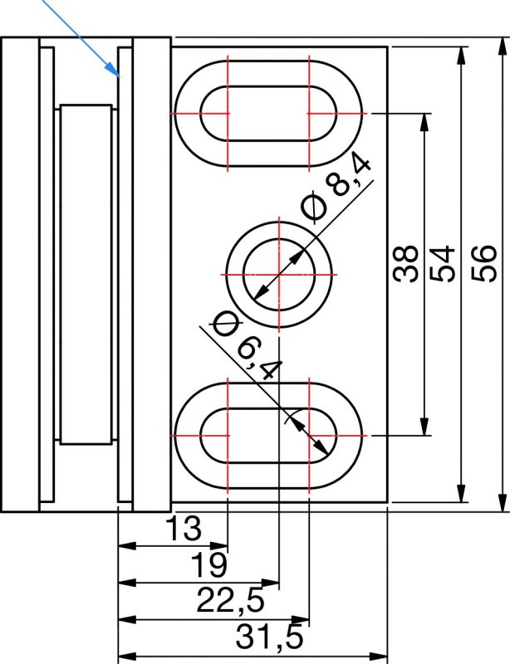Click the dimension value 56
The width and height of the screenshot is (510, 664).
[483, 263]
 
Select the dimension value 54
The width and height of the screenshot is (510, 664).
[442, 263]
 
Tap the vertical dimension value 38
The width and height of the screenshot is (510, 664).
[405, 263]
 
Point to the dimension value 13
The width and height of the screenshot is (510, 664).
[183, 528]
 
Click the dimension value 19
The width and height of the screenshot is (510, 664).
[208, 564]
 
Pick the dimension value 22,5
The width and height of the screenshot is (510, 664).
[231, 600]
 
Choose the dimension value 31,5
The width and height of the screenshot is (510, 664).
[270, 637]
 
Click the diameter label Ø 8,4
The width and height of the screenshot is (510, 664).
[336, 189]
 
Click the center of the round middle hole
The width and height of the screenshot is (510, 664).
[279, 274]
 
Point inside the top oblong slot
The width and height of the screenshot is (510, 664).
[268, 114]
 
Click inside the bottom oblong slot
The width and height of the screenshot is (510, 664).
[268, 435]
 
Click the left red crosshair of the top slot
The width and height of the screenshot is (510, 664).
[228, 114]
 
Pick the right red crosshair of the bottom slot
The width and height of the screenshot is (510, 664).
[310, 435]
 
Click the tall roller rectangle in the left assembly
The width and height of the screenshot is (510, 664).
[86, 275]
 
